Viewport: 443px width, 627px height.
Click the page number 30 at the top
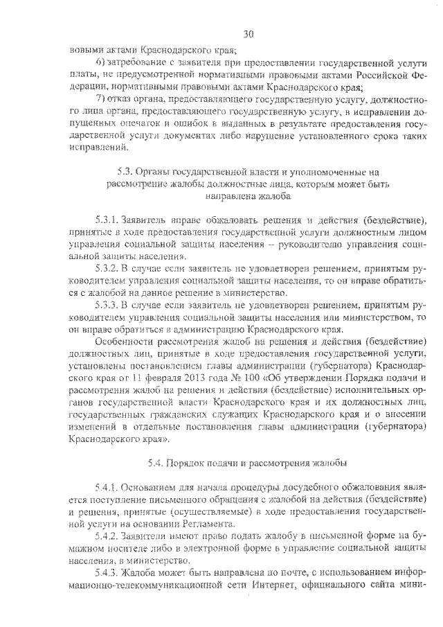click(x=249, y=33)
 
